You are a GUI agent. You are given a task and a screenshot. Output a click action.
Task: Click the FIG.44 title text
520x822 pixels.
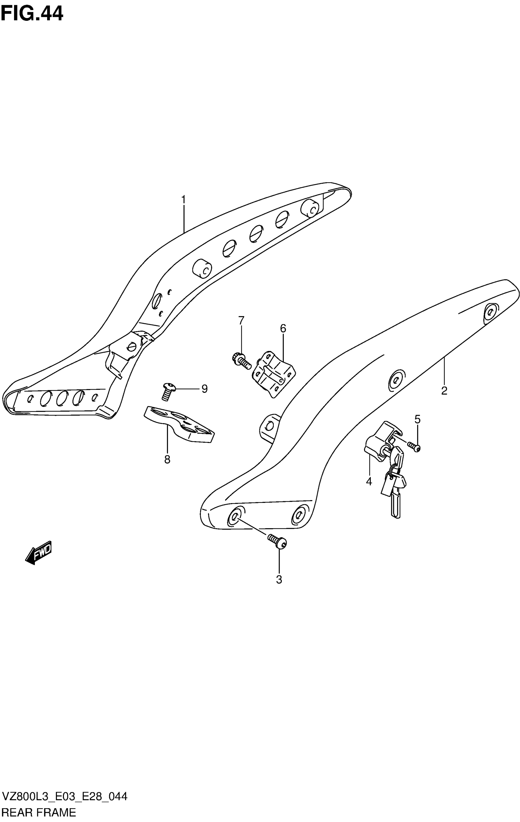[32, 14]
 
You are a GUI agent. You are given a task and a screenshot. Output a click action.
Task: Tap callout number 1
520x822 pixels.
[184, 199]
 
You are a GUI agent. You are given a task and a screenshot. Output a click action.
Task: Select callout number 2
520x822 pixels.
[444, 390]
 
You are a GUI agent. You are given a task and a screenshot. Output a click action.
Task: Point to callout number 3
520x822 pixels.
[279, 580]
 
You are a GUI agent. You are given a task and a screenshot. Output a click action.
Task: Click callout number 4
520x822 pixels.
[369, 481]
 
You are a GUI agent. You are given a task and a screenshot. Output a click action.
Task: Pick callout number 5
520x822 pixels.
[417, 419]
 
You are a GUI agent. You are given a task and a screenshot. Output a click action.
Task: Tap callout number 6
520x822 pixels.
[283, 328]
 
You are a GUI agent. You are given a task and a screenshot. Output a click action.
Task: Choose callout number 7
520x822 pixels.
[241, 320]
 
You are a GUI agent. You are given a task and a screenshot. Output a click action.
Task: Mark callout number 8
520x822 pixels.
[167, 460]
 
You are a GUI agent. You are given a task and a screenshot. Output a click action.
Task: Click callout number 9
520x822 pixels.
[204, 389]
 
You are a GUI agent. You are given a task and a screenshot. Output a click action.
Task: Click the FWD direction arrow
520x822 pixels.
[38, 552]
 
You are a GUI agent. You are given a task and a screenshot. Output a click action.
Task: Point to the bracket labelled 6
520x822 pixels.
[274, 374]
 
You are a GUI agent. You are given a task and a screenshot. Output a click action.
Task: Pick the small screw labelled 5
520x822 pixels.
[414, 446]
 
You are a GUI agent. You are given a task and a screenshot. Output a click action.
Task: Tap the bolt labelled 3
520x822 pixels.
[277, 541]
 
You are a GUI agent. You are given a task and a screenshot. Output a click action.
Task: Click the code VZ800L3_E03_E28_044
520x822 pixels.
[64, 796]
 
